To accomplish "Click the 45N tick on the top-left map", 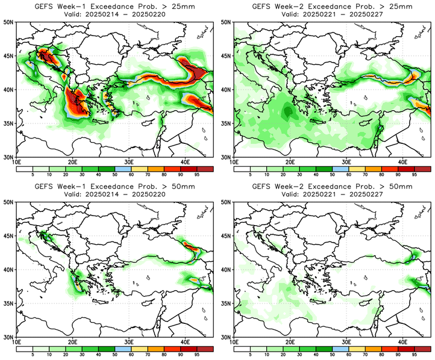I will pyautogui.click(x=10, y=55).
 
